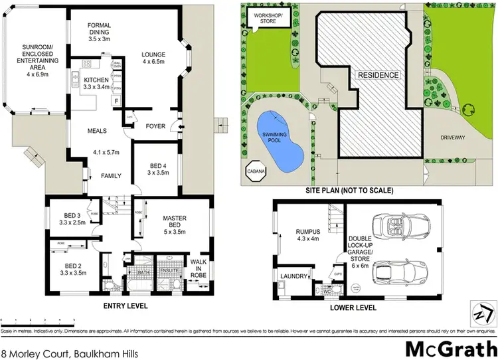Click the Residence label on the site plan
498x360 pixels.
point(379,75)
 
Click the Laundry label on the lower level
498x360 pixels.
point(294,276)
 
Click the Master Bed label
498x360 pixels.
point(174,225)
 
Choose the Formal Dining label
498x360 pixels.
point(102,31)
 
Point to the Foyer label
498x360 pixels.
point(156,125)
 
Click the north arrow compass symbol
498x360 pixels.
point(481,312)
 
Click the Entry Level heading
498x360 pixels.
point(125,306)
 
